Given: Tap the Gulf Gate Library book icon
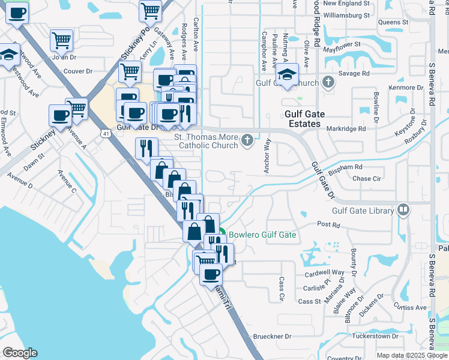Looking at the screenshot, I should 403,211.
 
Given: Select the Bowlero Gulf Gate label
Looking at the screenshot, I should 262,235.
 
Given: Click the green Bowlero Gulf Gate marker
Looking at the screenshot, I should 221,235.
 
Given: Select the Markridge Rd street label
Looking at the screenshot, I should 346,128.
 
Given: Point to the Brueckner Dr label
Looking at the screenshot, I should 272,337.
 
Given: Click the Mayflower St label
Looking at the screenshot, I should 342,44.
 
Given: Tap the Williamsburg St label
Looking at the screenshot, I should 345,15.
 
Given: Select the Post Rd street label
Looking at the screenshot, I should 328,225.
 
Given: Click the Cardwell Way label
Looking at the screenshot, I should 324,272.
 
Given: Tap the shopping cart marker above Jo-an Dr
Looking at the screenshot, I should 62,41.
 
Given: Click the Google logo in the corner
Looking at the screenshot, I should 20,353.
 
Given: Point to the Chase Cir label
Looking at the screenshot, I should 367,179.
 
